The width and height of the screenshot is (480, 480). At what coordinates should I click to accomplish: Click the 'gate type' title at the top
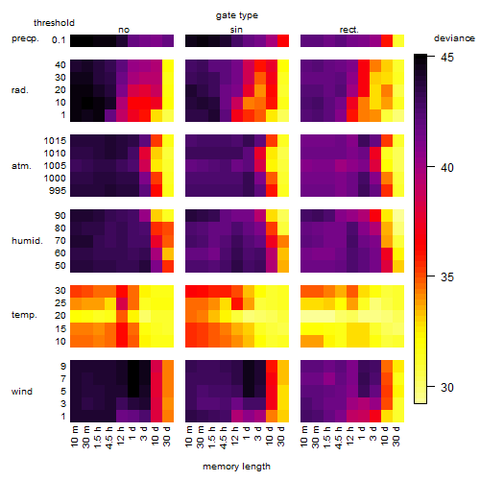click(x=237, y=15)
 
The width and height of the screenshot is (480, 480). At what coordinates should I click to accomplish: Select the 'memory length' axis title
click(x=236, y=467)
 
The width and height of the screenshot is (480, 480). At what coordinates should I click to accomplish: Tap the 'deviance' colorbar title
click(x=454, y=38)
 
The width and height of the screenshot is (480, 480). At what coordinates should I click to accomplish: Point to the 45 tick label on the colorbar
click(x=447, y=58)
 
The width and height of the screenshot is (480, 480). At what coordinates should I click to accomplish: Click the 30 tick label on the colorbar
click(x=447, y=388)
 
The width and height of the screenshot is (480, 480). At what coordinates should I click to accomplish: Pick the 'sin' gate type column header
click(x=236, y=30)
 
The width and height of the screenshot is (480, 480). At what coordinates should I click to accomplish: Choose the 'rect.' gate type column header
click(x=348, y=30)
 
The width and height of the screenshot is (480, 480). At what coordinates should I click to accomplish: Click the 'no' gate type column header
click(x=124, y=30)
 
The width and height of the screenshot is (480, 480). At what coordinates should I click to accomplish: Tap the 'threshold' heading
click(x=54, y=23)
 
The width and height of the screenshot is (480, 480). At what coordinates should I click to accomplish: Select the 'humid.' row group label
click(x=27, y=241)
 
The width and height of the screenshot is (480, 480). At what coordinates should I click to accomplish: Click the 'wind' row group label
click(x=22, y=392)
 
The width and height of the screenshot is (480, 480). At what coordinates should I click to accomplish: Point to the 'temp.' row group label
click(x=24, y=315)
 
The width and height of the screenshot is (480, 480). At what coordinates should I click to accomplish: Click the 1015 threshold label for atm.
click(x=55, y=140)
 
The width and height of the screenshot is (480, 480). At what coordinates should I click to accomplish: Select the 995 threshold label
click(x=58, y=191)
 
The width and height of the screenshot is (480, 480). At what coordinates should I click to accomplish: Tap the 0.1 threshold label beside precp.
click(x=59, y=40)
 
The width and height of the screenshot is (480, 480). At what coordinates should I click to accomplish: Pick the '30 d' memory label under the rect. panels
click(x=396, y=436)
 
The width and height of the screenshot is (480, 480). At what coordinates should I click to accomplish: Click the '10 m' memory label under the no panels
click(x=75, y=437)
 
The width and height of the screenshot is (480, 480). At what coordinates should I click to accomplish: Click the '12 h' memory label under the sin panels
click(x=235, y=436)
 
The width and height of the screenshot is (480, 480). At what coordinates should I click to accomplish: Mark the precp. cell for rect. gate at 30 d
click(x=398, y=41)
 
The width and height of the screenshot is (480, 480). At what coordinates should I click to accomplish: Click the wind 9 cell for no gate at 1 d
click(x=133, y=367)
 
